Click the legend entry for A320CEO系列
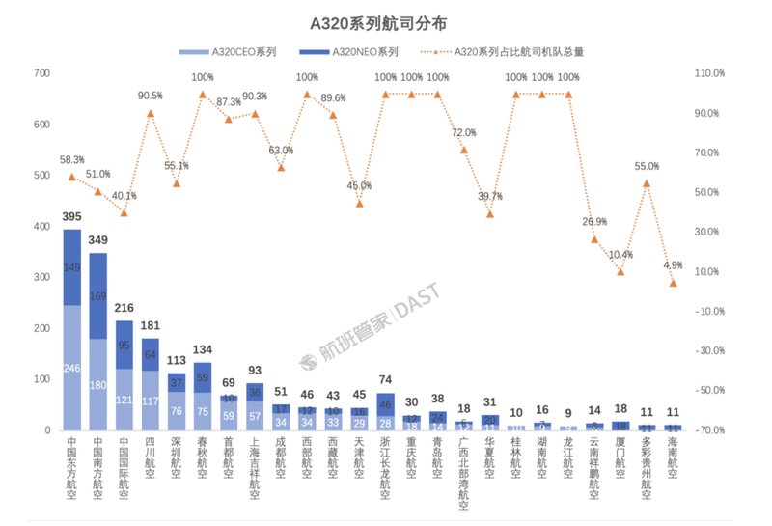pyautogui.click(x=241, y=51)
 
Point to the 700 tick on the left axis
pyautogui.click(x=41, y=73)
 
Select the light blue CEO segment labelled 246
pyautogui.click(x=72, y=368)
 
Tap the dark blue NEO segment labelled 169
pyautogui.click(x=98, y=296)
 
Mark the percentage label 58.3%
pyautogui.click(x=72, y=160)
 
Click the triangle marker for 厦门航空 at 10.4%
pyautogui.click(x=620, y=272)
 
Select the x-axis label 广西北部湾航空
pyautogui.click(x=463, y=473)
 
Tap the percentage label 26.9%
pyautogui.click(x=594, y=221)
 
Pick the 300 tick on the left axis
pyautogui.click(x=41, y=277)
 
